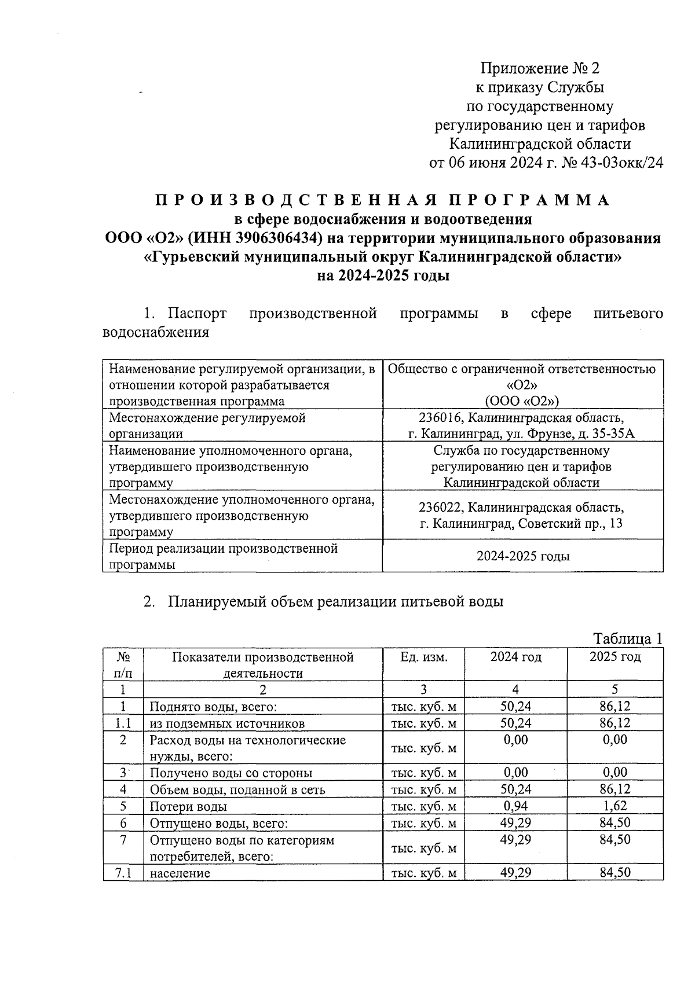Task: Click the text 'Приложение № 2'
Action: point(540,69)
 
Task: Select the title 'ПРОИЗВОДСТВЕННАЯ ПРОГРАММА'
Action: point(383,200)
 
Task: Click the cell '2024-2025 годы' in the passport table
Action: point(522,556)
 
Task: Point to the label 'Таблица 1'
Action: point(627,638)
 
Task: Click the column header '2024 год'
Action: point(515,657)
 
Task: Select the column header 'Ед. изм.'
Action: point(423,657)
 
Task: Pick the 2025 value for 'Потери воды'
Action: point(614,806)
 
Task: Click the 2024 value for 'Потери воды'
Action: point(515,806)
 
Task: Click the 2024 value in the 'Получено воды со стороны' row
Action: point(515,773)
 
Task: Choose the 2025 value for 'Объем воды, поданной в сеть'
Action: point(614,789)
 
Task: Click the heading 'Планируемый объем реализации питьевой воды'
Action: point(335,601)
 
